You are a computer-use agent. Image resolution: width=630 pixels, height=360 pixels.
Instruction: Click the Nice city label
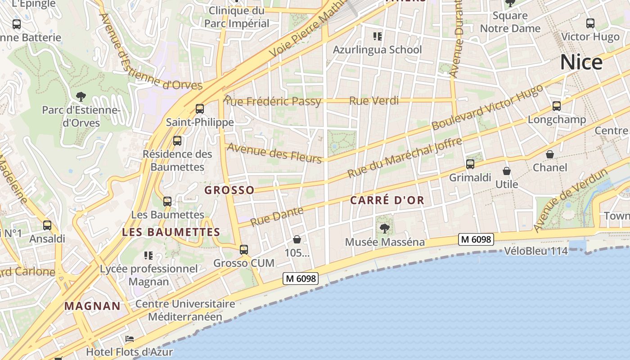[x=581, y=63]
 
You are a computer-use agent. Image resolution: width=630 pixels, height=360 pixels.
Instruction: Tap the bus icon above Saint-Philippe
[x=199, y=108]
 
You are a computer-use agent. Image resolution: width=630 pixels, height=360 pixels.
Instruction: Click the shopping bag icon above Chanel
[x=550, y=154]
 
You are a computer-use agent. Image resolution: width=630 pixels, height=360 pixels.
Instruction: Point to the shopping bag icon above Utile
[x=507, y=171]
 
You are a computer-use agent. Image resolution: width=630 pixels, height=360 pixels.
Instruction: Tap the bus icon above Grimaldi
[x=470, y=164]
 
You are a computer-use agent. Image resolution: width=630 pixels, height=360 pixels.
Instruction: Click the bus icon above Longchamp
[x=557, y=106]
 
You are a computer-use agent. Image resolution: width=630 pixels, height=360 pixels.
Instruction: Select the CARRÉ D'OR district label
[x=387, y=201]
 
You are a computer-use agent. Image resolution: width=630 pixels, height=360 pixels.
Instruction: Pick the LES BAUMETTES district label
[x=171, y=232]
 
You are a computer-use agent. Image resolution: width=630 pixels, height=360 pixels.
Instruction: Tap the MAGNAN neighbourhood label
[x=92, y=306]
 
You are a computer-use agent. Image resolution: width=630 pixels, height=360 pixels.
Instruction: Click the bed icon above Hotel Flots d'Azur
[x=130, y=338]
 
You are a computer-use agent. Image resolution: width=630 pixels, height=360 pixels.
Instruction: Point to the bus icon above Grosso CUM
[x=244, y=249]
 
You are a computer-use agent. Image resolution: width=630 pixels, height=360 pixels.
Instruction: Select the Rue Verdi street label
[x=374, y=101]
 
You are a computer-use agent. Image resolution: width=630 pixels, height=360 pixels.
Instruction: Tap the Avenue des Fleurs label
[x=274, y=153]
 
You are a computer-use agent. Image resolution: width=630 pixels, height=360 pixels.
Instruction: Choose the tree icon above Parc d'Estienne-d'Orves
[x=81, y=96]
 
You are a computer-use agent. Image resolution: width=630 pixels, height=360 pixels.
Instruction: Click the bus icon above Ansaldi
[x=47, y=225]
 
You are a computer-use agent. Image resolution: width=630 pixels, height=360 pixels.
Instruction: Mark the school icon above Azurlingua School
[x=378, y=36]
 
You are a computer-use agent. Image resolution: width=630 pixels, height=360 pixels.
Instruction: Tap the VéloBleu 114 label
[x=536, y=251]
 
